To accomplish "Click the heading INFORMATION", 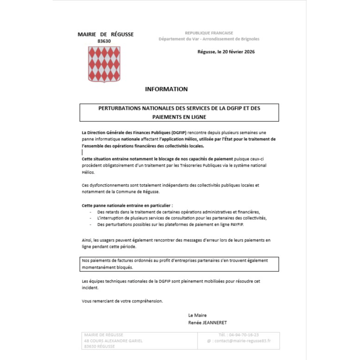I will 166,89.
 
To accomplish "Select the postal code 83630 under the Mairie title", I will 104,41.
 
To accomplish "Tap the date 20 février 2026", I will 236,52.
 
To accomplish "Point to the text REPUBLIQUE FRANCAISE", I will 209,33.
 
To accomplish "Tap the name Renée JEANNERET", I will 208,323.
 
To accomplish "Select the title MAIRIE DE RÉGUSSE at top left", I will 106,34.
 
